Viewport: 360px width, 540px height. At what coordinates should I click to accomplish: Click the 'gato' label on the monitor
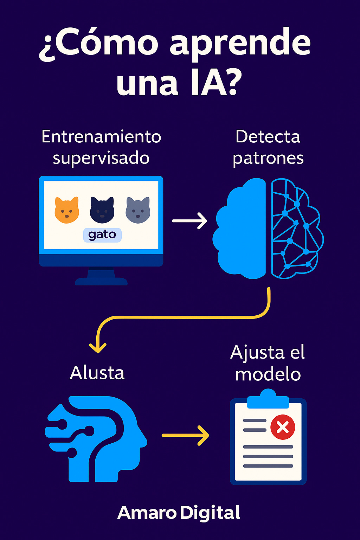102,235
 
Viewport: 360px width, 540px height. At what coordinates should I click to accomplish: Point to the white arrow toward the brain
189,221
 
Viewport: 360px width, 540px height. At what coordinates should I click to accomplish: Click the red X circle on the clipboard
283,427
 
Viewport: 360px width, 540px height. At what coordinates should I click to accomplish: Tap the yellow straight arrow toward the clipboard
185,435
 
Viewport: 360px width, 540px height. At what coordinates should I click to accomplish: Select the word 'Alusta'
97,373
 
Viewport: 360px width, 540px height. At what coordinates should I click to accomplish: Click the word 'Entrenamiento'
101,136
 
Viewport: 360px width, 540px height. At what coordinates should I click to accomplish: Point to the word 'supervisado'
101,158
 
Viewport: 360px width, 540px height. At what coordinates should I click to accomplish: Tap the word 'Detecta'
268,136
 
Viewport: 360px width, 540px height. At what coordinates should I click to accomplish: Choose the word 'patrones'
268,158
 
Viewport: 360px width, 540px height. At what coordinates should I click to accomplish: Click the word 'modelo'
268,374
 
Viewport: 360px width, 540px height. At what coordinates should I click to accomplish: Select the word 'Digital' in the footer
210,513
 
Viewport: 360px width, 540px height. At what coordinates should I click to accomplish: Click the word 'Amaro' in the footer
147,513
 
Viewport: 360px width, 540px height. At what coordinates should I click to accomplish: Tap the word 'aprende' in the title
240,44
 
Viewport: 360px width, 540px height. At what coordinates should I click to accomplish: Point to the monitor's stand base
101,281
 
